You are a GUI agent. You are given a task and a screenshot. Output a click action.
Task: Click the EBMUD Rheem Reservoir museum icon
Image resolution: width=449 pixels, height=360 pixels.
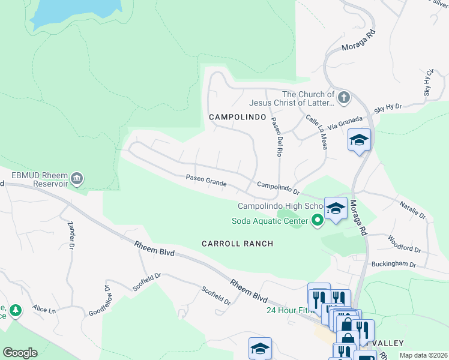[x=77, y=178]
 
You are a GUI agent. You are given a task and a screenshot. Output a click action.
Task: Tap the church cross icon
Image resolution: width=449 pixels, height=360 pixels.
[x=343, y=97]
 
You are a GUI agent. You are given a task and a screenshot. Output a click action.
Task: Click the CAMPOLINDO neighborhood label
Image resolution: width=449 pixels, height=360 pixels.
[x=237, y=118]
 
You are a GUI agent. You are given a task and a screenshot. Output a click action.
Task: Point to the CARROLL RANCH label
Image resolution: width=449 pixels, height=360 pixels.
[x=237, y=244]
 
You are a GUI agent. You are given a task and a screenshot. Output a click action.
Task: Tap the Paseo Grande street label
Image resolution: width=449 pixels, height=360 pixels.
[x=205, y=179]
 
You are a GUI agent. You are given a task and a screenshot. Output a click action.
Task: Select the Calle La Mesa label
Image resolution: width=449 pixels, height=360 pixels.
[x=316, y=133]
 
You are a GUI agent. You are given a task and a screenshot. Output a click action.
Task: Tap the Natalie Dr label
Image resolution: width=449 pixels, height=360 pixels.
[x=413, y=210]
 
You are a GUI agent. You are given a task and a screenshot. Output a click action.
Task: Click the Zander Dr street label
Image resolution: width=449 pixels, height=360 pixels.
[x=71, y=235]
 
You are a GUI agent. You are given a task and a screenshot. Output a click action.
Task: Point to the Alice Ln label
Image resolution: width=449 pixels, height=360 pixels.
[x=44, y=310]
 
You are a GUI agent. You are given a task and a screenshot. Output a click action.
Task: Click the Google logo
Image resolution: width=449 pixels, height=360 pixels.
[x=20, y=352]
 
